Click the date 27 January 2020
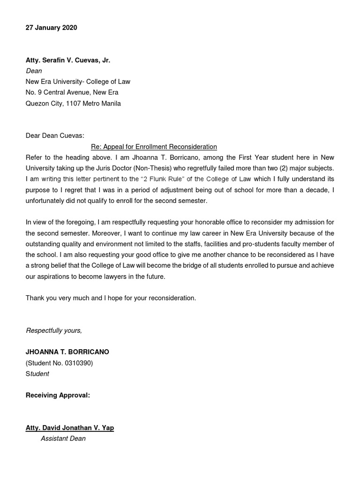pyautogui.click(x=51, y=28)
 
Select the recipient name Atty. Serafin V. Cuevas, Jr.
pyautogui.click(x=68, y=60)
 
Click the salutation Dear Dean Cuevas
pyautogui.click(x=55, y=135)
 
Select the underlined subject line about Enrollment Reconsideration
pyautogui.click(x=154, y=146)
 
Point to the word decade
pyautogui.click(x=313, y=189)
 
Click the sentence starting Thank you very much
pyautogui.click(x=111, y=298)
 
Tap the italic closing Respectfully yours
pyautogui.click(x=54, y=330)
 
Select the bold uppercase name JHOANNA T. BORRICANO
pyautogui.click(x=67, y=352)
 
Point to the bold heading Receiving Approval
pyautogui.click(x=58, y=395)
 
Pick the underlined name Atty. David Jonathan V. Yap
pyautogui.click(x=69, y=427)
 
